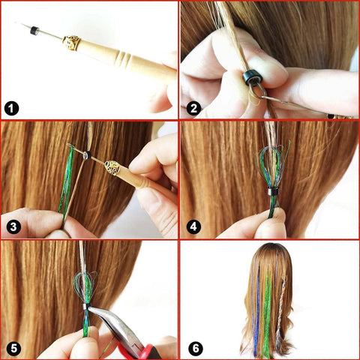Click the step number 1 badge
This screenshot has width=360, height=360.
click(x=12, y=107)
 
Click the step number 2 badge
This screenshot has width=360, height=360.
click(x=193, y=107)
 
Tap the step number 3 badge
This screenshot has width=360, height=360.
click(x=12, y=226)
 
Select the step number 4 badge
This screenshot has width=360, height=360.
click(x=193, y=226)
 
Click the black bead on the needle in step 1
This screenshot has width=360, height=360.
click(x=34, y=30)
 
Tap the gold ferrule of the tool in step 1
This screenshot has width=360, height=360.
click(x=72, y=42)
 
